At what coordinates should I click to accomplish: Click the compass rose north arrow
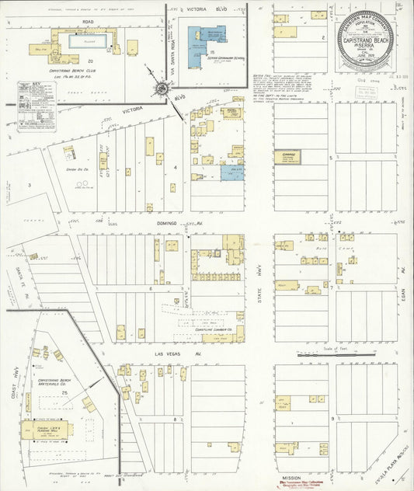pos(162,88)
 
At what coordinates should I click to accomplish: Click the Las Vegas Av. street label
pos(167,353)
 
